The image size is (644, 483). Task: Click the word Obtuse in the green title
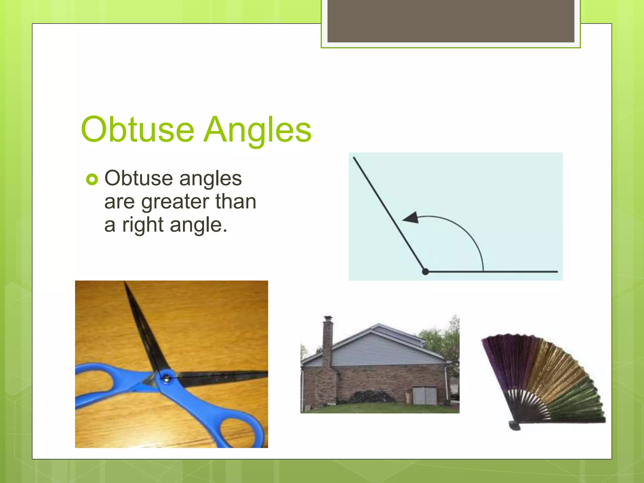point(137,130)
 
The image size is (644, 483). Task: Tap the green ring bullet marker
point(92,180)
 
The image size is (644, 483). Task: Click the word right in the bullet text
point(143,225)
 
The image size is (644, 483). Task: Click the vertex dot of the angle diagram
point(425,271)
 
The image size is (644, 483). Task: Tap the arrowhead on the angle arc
point(411,217)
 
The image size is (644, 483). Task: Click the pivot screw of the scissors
point(166,378)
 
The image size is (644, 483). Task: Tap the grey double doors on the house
point(425,396)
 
